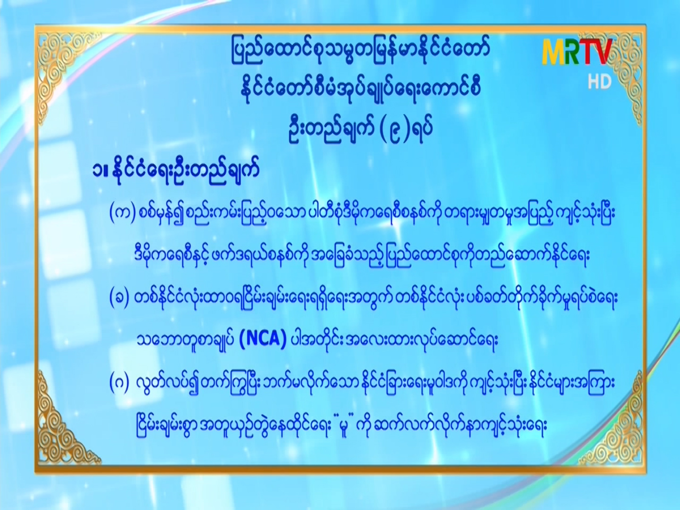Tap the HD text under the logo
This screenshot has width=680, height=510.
coord(600,82)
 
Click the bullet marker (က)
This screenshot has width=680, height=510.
coord(123,214)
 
